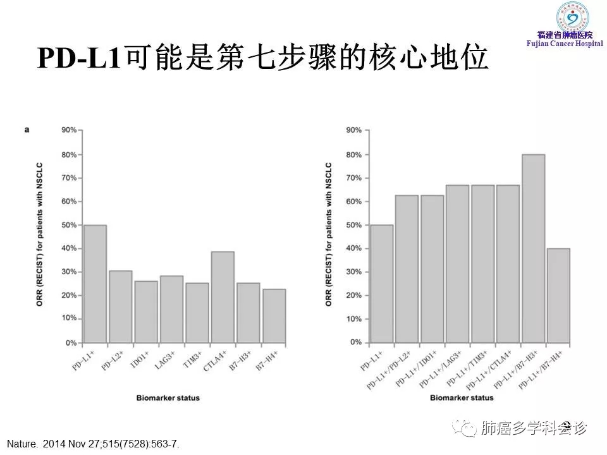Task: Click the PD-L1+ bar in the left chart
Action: pos(95,284)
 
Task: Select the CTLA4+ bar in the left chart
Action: pos(223,297)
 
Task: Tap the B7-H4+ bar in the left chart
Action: pos(274,316)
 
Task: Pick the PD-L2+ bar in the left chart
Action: pos(120,306)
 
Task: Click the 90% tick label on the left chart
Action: pos(69,130)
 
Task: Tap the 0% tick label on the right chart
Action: pos(355,343)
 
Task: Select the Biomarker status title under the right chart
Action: pos(462,398)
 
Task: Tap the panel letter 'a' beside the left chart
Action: pos(27,130)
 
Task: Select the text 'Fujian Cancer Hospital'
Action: pos(564,42)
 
